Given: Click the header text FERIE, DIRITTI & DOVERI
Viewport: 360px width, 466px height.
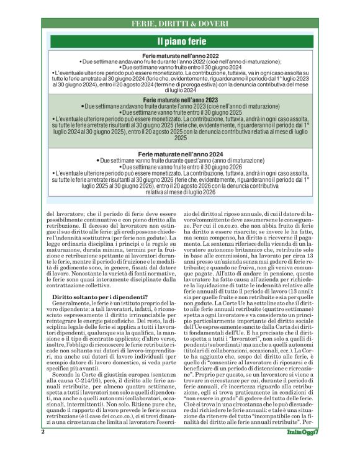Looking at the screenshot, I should (179, 24).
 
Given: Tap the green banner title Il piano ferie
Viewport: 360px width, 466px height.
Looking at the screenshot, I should (179, 42).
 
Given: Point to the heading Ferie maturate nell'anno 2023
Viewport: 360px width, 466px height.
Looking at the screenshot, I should (179, 99).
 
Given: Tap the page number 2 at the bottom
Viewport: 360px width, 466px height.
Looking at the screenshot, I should (43, 448).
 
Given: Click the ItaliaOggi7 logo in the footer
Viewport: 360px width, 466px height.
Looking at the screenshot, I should (302, 449).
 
